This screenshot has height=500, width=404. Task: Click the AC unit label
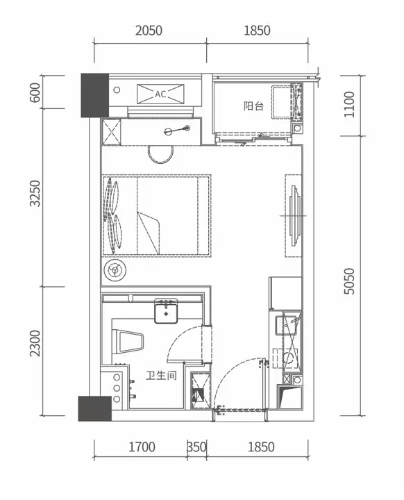click(160, 94)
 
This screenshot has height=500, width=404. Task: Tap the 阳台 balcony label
click(253, 106)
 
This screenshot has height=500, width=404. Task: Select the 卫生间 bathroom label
click(161, 375)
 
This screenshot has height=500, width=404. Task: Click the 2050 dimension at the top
click(149, 31)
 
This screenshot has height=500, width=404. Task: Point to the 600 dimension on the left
click(35, 92)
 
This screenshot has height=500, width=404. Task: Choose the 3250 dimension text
click(35, 193)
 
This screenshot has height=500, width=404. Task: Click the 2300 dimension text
click(35, 344)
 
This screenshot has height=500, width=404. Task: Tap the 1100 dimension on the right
click(349, 104)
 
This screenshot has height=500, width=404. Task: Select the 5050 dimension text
click(349, 281)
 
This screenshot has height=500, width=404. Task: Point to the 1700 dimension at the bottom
click(142, 447)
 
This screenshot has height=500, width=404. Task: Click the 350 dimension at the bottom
click(196, 447)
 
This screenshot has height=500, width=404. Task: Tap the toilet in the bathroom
click(128, 342)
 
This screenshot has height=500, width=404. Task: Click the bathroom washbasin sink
click(166, 311)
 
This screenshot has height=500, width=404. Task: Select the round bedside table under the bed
click(115, 271)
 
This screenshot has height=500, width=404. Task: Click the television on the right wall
click(294, 215)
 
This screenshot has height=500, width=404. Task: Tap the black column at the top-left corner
click(94, 95)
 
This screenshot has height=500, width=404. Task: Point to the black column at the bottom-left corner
click(94, 408)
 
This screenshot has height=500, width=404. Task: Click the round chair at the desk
click(160, 154)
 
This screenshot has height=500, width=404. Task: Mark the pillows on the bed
click(112, 215)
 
